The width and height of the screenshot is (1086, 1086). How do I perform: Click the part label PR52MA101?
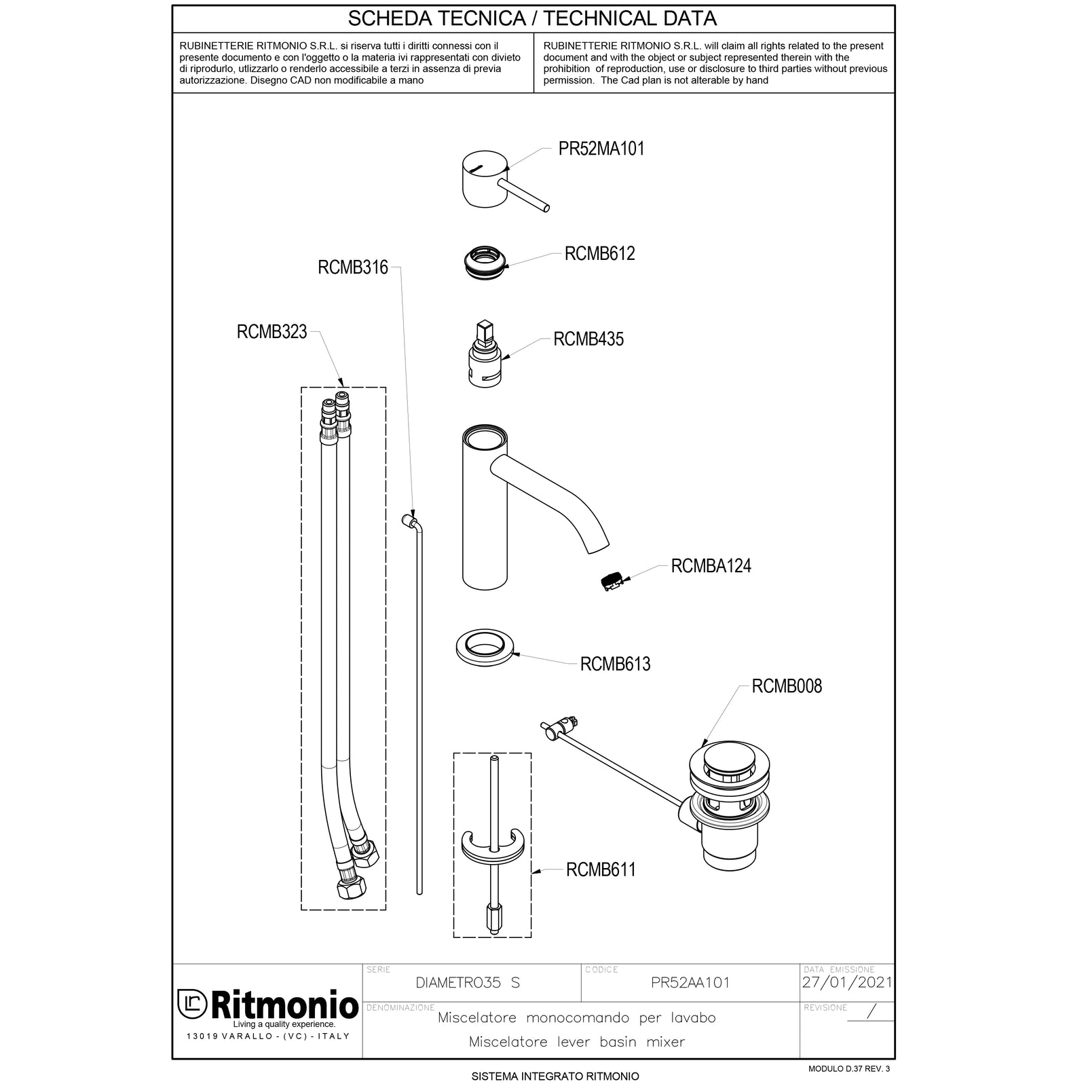point(601,149)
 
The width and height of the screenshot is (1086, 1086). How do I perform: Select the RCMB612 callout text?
point(599,254)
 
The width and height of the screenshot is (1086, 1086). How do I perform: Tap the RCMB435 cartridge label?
point(588,339)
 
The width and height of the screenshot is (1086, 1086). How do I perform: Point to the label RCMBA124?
point(711,566)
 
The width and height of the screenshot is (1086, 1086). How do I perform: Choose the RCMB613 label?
point(615,664)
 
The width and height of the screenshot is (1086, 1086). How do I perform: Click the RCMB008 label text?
point(786,686)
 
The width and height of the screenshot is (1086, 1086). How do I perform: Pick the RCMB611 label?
point(601,869)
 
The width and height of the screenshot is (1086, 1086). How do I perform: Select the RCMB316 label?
point(352,267)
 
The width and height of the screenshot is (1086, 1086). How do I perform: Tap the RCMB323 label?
point(271,332)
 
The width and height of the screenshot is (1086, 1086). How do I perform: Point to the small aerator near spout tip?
point(611,582)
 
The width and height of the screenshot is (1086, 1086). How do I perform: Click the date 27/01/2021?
point(846,982)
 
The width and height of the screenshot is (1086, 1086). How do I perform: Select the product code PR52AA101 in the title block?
point(690,983)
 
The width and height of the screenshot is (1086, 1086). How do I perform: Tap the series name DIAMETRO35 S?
point(467,983)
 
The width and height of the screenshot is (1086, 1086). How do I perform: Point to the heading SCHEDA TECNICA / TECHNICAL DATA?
point(532,18)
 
